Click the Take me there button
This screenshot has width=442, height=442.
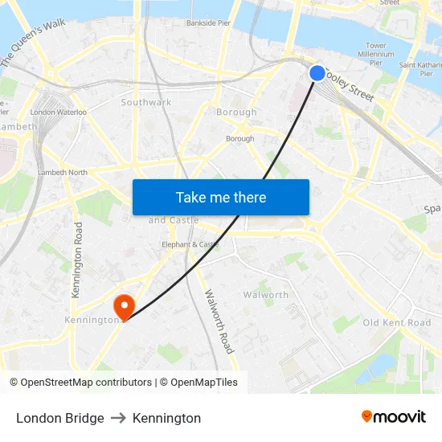click(221, 197)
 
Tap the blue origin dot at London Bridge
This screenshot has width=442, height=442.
click(317, 73)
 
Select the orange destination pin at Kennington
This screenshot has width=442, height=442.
click(124, 306)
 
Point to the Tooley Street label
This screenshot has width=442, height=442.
click(350, 83)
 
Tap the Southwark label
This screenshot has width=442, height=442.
click(146, 102)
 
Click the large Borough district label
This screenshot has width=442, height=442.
click(236, 112)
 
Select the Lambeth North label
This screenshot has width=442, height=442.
click(63, 172)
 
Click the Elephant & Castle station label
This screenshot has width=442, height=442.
click(190, 244)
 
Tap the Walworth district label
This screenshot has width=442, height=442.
click(266, 295)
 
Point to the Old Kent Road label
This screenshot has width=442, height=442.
click(397, 322)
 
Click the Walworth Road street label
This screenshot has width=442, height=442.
click(219, 321)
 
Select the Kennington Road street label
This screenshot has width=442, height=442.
click(77, 260)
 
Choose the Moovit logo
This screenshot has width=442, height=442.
click(394, 417)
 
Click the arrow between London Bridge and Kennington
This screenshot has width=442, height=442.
click(118, 418)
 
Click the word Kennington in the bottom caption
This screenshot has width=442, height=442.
click(166, 418)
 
